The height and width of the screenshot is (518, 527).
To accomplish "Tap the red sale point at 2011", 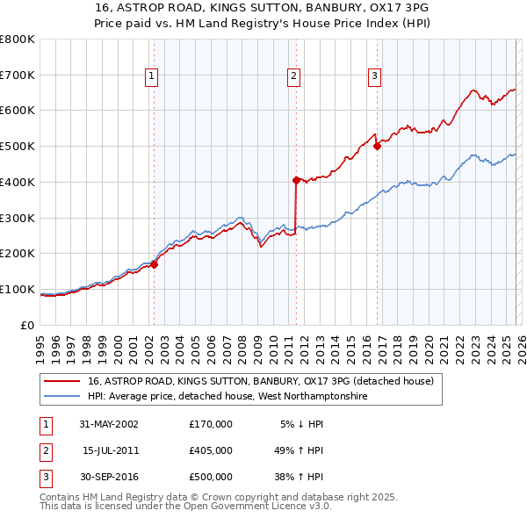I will (x=296, y=180).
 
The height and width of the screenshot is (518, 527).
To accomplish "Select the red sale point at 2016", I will (x=377, y=147).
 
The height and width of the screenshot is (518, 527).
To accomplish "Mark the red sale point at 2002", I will (x=154, y=264).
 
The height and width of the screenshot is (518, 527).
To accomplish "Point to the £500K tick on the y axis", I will (x=17, y=147).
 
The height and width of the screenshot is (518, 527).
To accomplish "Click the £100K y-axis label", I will (x=17, y=290).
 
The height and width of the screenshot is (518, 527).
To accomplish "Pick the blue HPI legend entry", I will (x=227, y=397).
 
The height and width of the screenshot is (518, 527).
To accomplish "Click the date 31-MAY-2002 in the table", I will (x=109, y=424).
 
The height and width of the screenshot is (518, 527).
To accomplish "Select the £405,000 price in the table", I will (x=211, y=450).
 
